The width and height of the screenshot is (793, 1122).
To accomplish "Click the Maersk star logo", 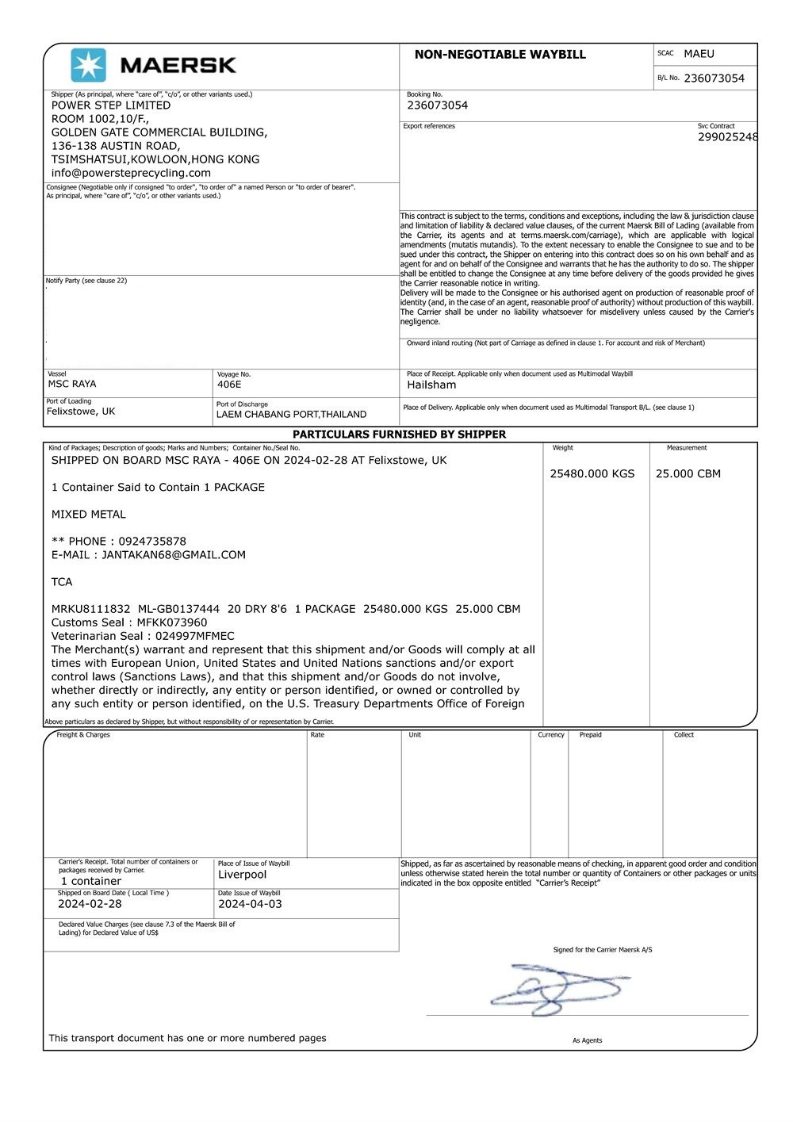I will (x=88, y=65).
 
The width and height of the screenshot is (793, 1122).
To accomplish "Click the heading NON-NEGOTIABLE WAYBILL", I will (x=500, y=55).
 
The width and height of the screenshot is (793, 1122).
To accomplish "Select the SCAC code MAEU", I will (x=699, y=54).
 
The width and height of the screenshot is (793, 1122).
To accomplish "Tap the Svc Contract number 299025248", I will (x=727, y=137).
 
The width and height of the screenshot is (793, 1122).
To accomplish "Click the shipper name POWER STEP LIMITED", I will (x=111, y=105).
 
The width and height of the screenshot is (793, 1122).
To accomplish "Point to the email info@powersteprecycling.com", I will (x=131, y=173).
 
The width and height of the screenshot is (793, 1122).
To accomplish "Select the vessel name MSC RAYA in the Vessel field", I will (x=72, y=385).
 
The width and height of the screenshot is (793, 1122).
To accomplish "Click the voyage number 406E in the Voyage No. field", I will (x=229, y=385).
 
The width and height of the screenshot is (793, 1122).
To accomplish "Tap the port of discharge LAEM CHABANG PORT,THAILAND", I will (x=291, y=415).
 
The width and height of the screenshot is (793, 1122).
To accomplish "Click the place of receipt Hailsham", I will (x=431, y=385).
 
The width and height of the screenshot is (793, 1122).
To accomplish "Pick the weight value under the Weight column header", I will (x=592, y=474).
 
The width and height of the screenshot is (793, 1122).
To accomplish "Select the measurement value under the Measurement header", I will (x=688, y=474).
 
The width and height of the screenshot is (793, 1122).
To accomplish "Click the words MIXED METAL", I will (x=88, y=515).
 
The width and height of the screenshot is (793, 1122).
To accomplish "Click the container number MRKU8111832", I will (x=90, y=609).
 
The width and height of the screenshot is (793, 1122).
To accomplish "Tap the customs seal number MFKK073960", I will (x=171, y=622).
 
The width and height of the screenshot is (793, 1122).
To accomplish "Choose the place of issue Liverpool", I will (x=242, y=875).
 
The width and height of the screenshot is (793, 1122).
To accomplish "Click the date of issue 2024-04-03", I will (x=250, y=904).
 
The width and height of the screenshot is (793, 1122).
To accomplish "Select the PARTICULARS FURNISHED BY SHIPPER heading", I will (x=399, y=435).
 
